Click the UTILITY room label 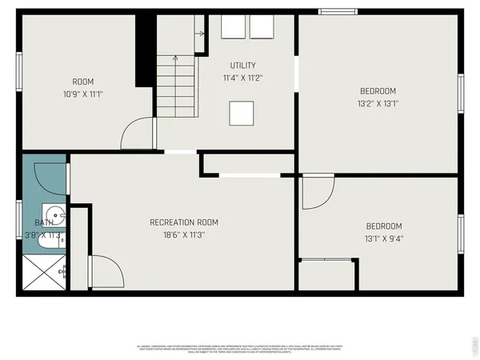[242, 66]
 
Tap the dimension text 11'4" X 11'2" [242, 78]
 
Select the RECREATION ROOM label [184, 222]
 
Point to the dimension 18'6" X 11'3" [184, 235]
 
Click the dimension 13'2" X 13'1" [377, 103]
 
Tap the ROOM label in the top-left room [83, 82]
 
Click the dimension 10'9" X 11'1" [83, 94]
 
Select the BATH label [43, 223]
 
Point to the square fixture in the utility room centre [242, 114]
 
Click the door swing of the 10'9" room [137, 134]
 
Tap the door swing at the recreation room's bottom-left [105, 272]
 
